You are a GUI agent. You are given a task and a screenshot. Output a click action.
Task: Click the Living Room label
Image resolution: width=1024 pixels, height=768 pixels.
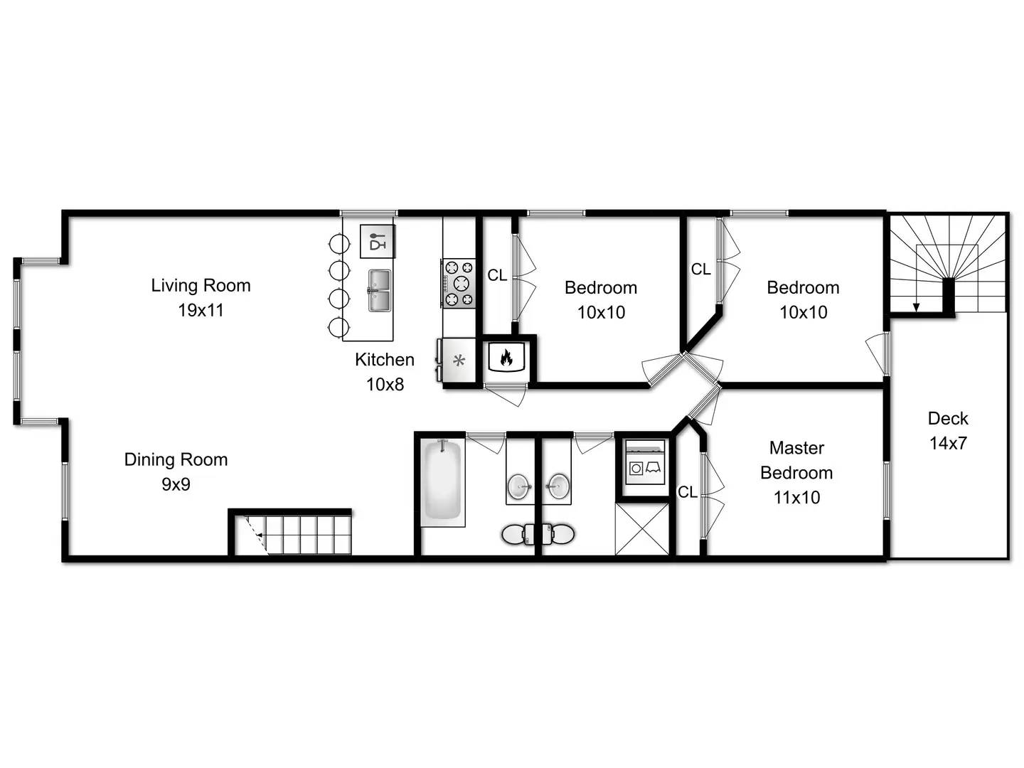click(x=201, y=285)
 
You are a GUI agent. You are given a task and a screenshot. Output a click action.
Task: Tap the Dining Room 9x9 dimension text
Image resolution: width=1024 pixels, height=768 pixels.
click(x=176, y=484)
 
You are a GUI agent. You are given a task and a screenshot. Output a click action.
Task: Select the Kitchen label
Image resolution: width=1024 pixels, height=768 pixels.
click(x=385, y=360)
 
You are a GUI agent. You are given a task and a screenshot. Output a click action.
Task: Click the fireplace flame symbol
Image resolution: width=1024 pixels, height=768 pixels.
click(x=506, y=358)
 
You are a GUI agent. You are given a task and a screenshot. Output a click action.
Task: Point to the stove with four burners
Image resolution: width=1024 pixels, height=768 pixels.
click(x=459, y=283)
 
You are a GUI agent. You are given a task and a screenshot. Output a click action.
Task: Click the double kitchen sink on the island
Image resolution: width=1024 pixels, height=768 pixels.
click(x=380, y=291)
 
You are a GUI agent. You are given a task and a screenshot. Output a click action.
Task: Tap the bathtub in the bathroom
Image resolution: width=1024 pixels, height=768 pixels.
click(x=443, y=481)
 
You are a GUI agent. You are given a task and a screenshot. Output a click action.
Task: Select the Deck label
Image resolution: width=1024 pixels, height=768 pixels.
click(x=948, y=418)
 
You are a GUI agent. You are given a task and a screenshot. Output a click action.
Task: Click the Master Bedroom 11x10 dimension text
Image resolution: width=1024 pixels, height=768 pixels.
click(x=797, y=497)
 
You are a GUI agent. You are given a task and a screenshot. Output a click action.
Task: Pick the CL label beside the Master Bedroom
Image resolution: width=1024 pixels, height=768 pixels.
click(x=687, y=492)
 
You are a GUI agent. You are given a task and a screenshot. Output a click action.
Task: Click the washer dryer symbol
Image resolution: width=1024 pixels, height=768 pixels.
click(x=645, y=462)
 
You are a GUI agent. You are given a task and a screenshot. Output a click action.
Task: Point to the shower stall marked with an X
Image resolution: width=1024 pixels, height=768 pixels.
click(x=642, y=529)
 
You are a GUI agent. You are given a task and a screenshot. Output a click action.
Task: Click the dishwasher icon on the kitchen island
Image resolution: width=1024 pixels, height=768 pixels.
click(x=378, y=241)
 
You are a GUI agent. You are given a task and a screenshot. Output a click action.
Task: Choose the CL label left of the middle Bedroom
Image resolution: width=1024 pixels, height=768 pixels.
click(x=497, y=275)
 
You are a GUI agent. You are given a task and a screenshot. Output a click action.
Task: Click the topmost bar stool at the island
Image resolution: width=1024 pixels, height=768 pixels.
click(x=338, y=243)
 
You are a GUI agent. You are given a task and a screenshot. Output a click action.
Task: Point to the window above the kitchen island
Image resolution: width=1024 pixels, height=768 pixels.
click(x=368, y=213)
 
